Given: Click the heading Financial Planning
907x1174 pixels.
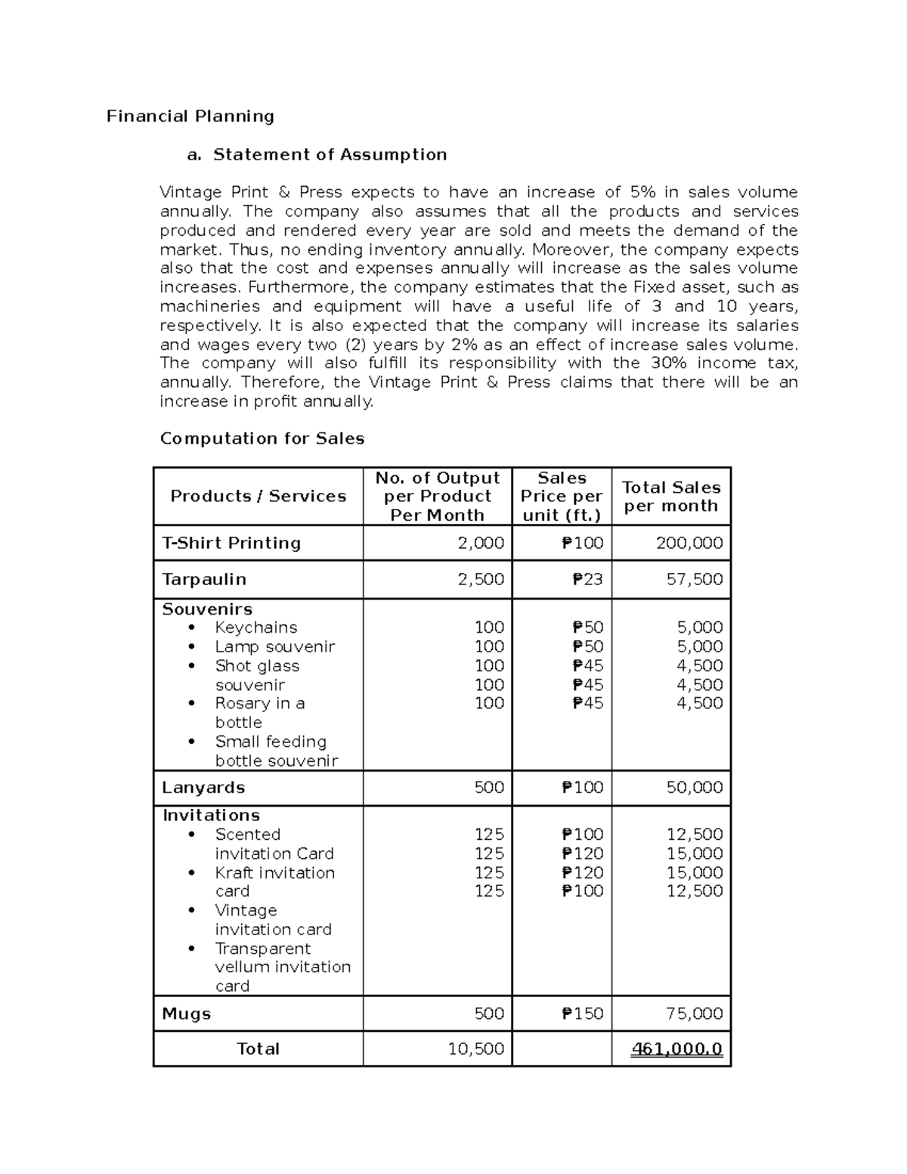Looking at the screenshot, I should pos(190,116).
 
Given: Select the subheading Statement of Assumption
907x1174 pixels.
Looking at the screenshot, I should pos(330,155).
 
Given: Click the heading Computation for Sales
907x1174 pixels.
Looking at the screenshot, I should pos(262,439).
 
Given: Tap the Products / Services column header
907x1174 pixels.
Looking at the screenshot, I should pos(258,497).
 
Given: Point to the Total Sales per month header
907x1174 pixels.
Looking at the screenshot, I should pos(670,497).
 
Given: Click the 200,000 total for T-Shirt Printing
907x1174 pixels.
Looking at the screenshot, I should pos(689,544).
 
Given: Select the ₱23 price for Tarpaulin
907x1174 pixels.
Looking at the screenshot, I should pos(587,580).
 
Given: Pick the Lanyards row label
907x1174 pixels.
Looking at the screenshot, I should pos(203,788).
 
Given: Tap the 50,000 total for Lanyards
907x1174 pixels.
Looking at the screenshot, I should pos(695,788).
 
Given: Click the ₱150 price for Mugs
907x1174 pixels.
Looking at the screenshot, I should pos(582,1014).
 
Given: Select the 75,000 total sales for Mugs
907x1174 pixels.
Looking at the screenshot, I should pos(695,1014).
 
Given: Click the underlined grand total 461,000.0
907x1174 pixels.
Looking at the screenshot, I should pos(677,1049).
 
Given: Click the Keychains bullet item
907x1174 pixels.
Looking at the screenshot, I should pos(255,627).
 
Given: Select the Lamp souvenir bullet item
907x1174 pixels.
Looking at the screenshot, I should pos(274,647).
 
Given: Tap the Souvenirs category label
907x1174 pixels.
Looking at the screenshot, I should pos(207,609).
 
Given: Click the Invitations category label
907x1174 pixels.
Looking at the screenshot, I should pos(211,816).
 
